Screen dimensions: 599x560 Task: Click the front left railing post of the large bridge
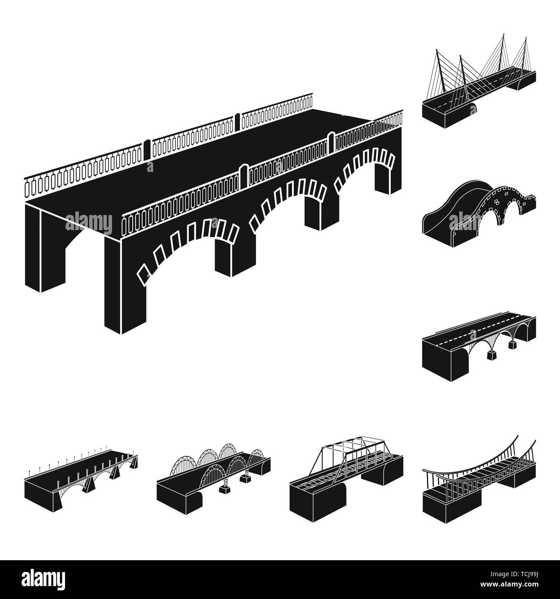(x=124, y=224)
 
